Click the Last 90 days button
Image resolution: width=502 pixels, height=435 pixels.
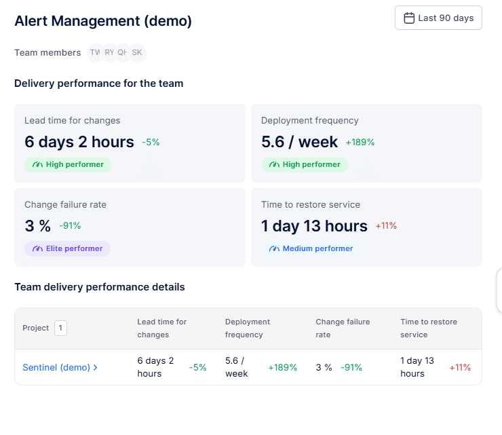438,18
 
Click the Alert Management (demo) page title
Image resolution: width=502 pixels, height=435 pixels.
103,21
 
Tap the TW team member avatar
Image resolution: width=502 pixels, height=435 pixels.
95,52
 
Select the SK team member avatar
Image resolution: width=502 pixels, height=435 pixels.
137,52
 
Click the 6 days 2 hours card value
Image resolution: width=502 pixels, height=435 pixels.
79,142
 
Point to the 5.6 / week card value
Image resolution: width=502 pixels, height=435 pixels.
299,142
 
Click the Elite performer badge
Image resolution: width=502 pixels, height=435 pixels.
68,248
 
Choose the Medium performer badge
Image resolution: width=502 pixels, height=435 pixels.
311,248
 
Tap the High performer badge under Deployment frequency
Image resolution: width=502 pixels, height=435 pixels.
305,164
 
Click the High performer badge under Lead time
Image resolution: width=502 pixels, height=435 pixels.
68,164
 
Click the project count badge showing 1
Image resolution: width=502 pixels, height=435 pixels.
60,328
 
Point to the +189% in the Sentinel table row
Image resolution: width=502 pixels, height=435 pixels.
283,367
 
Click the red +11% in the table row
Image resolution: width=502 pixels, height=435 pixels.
460,367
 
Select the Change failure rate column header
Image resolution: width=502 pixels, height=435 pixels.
343,328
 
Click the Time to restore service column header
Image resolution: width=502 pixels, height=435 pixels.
429,328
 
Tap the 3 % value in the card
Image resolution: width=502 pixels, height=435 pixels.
38,226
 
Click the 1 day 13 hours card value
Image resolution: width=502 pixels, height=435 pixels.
314,226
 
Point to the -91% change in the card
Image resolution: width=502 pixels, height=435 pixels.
70,226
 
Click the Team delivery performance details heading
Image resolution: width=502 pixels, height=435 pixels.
100,287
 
